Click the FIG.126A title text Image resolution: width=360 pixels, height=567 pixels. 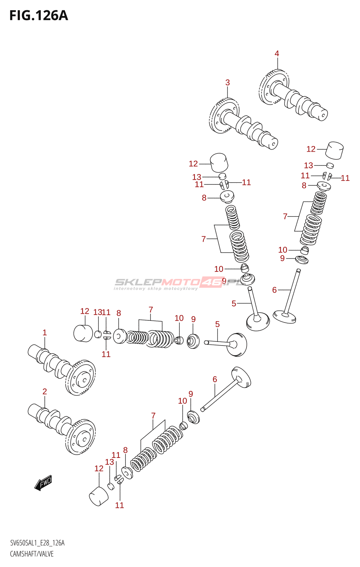tap(39, 16)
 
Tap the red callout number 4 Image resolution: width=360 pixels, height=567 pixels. tap(277, 54)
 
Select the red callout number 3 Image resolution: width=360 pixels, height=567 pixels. tap(227, 82)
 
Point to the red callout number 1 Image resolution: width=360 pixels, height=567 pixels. tap(45, 332)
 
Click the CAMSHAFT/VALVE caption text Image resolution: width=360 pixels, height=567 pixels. tap(32, 554)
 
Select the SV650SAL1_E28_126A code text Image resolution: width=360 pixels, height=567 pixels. tap(37, 543)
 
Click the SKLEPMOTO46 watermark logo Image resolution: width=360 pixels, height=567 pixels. tap(177, 283)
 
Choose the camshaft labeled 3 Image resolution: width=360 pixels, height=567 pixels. tap(243, 124)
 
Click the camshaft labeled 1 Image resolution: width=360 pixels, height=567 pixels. tap(62, 369)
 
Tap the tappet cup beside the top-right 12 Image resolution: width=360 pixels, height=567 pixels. tap(334, 150)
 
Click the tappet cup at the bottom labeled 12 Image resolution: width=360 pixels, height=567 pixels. tap(99, 496)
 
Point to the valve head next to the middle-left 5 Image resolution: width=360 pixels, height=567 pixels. tap(237, 344)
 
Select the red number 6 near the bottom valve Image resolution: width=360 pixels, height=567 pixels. tap(215, 379)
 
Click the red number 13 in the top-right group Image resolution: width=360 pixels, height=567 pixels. tap(308, 165)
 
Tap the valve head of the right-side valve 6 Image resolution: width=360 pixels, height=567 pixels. tap(284, 317)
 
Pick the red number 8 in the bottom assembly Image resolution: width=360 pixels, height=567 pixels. tap(125, 450)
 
